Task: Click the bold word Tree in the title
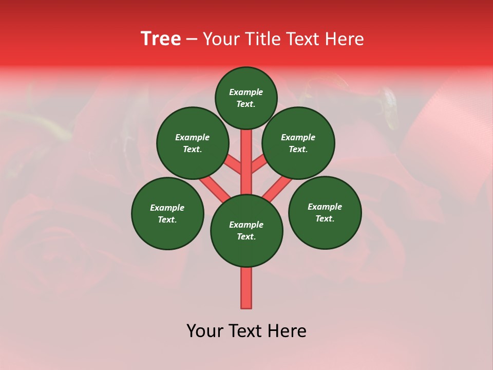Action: coord(161,39)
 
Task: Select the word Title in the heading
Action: coord(264,39)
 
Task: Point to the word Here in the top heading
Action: coord(345,39)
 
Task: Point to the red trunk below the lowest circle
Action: coord(246,288)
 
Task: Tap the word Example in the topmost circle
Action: coord(246,92)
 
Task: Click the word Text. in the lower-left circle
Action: coord(167,219)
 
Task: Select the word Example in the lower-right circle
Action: coord(325,207)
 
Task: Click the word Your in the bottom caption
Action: coord(205,331)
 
